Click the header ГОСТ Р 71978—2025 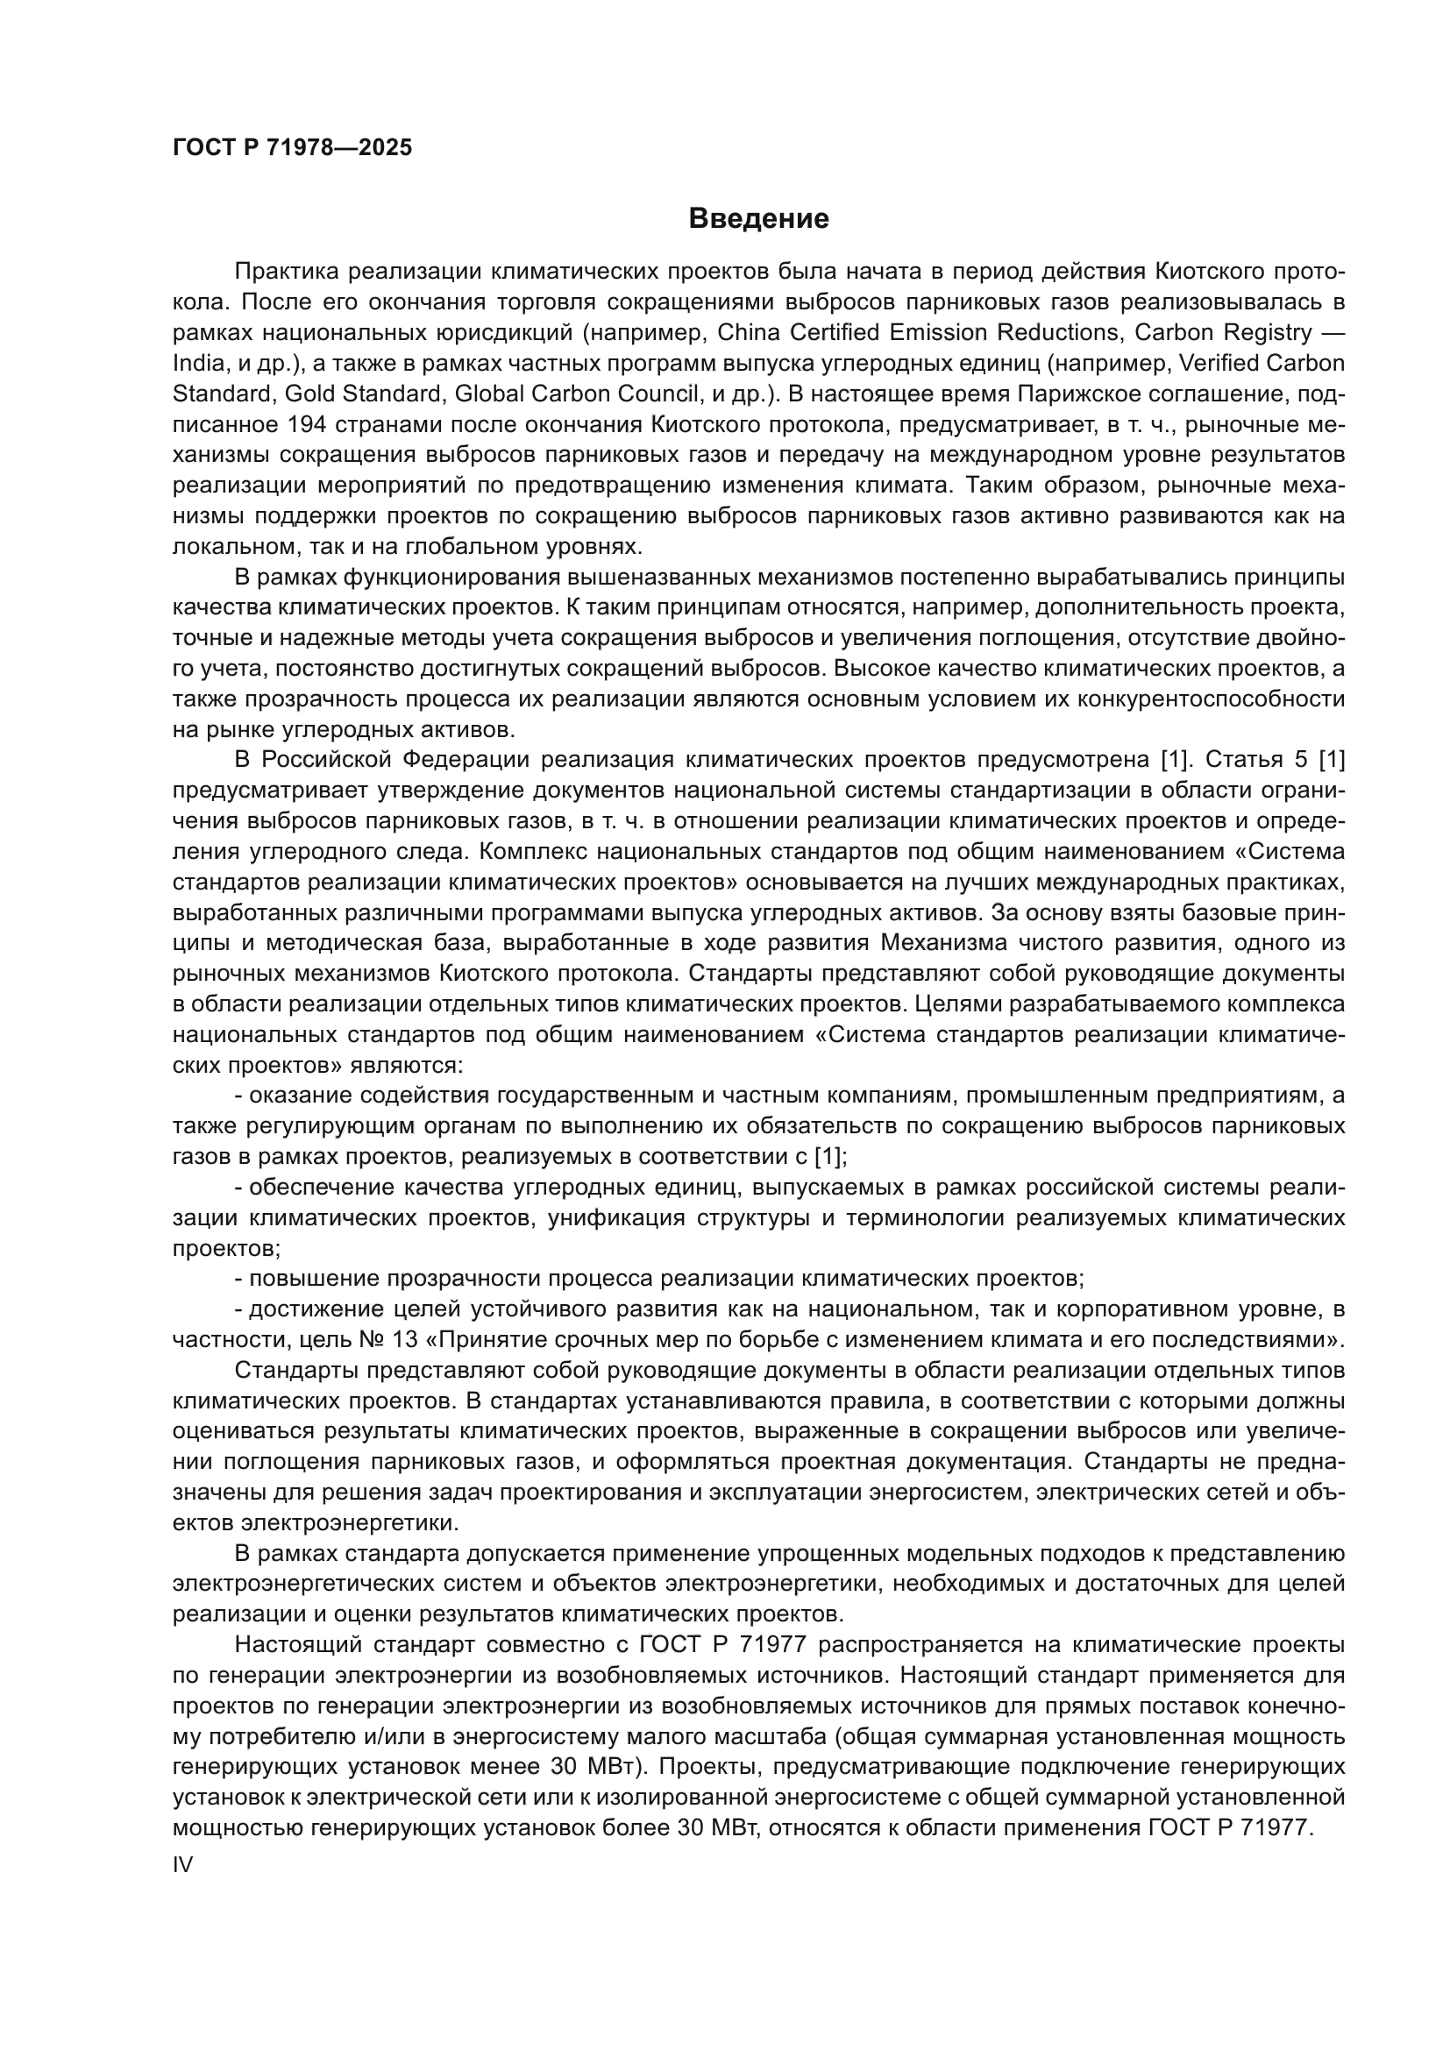(x=292, y=148)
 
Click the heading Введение (x=758, y=219)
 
